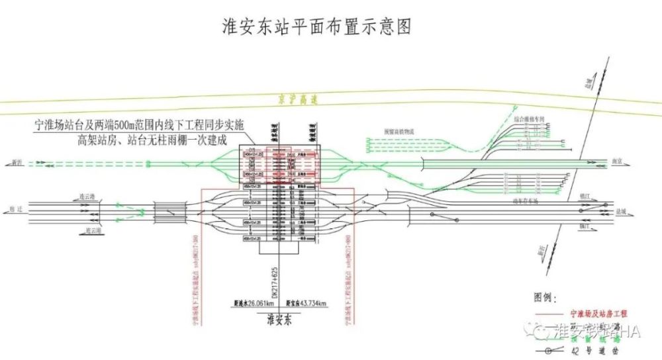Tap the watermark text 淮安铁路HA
click(x=596, y=331)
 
